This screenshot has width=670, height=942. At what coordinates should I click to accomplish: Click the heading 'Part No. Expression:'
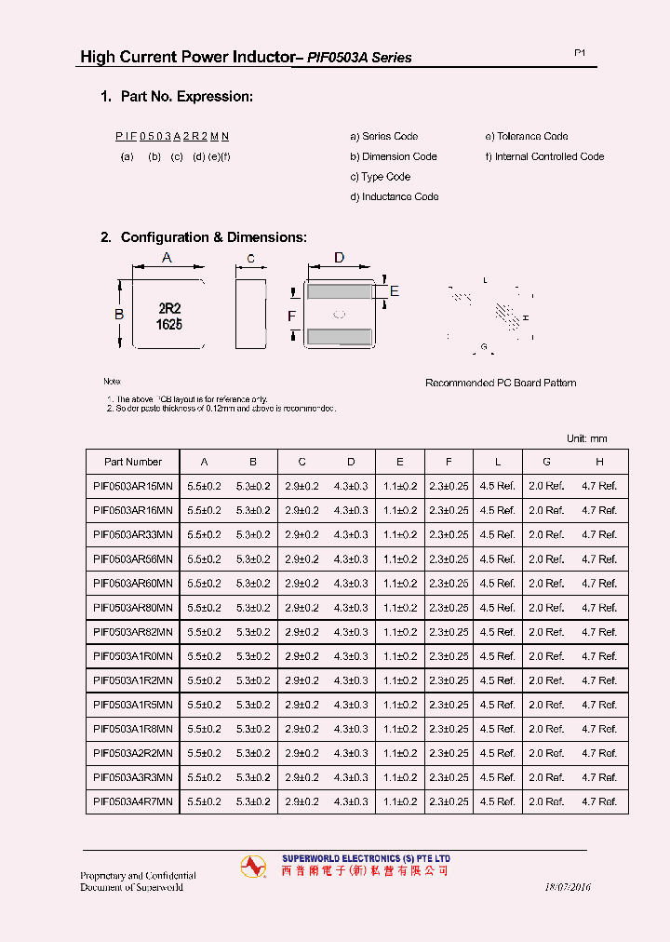click(177, 97)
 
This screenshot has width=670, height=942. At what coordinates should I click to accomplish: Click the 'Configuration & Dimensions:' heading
click(204, 237)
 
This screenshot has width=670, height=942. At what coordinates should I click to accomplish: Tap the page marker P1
click(579, 54)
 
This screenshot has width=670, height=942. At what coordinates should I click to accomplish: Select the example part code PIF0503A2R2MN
click(172, 136)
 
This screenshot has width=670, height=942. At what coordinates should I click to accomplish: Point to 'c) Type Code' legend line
click(380, 177)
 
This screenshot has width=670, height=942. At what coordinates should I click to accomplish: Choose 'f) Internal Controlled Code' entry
click(544, 156)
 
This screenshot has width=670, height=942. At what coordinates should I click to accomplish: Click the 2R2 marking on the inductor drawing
click(169, 308)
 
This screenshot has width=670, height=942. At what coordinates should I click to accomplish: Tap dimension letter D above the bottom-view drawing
click(339, 258)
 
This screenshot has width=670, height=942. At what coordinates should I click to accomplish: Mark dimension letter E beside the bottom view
click(394, 291)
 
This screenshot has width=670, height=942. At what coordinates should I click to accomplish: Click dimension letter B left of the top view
click(119, 315)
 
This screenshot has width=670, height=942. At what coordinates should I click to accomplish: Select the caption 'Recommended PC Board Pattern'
click(501, 383)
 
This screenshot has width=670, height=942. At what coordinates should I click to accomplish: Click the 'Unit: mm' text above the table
click(586, 438)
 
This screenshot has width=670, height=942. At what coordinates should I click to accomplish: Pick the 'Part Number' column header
click(133, 462)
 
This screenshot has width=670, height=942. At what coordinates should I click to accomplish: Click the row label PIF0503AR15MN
click(133, 486)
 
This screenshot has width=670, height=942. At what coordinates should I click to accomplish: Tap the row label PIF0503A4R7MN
click(133, 801)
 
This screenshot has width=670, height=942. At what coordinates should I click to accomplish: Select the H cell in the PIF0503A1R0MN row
click(599, 655)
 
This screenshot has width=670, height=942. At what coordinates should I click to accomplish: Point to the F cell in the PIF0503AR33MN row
click(449, 534)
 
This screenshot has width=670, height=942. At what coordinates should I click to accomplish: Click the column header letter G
click(546, 462)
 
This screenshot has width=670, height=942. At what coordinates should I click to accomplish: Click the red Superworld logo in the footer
click(253, 866)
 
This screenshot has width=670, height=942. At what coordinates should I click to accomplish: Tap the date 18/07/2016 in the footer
click(567, 887)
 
